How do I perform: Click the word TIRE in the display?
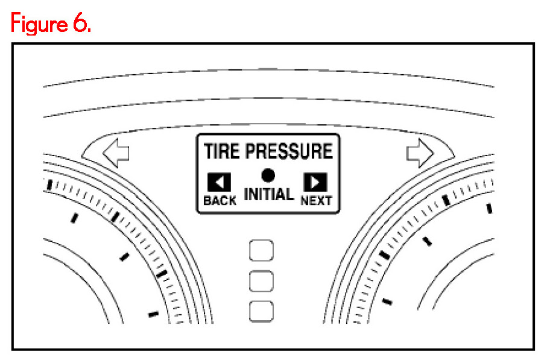[x=222, y=151]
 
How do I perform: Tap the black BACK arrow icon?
[x=219, y=182]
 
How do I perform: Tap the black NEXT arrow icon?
[x=315, y=182]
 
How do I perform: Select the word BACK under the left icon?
[x=220, y=201]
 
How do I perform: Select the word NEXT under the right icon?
[x=316, y=201]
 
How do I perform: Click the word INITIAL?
[x=268, y=195]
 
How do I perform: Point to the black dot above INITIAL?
[x=268, y=175]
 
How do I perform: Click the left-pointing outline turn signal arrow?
[x=116, y=154]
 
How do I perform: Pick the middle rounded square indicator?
[x=261, y=280]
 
